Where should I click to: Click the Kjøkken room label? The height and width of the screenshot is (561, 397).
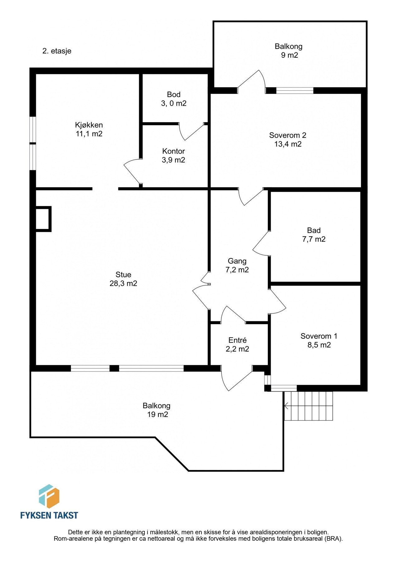click(x=89, y=125)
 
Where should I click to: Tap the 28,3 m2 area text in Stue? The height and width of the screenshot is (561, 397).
click(x=123, y=283)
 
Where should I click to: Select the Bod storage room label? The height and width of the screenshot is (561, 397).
click(x=174, y=95)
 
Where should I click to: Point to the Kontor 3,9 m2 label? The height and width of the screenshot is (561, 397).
click(x=173, y=156)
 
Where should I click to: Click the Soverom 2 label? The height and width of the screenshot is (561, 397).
click(x=288, y=135)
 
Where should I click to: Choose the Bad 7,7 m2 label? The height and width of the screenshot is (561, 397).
click(x=314, y=235)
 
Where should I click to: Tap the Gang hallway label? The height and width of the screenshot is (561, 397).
click(x=237, y=261)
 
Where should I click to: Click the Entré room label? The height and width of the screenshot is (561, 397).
click(x=237, y=340)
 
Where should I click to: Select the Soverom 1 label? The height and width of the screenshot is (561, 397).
click(x=319, y=336)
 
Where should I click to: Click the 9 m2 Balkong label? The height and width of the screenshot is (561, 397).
click(x=288, y=51)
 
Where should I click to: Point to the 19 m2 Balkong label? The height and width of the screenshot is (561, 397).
click(x=157, y=410)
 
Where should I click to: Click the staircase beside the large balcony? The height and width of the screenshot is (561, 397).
click(x=309, y=406)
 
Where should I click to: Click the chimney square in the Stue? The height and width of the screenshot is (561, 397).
click(x=43, y=219)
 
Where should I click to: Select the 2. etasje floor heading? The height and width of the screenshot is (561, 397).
click(x=57, y=51)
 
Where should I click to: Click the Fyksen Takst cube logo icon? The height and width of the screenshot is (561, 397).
click(x=49, y=496)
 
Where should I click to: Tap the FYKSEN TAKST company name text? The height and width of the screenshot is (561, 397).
click(x=49, y=515)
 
